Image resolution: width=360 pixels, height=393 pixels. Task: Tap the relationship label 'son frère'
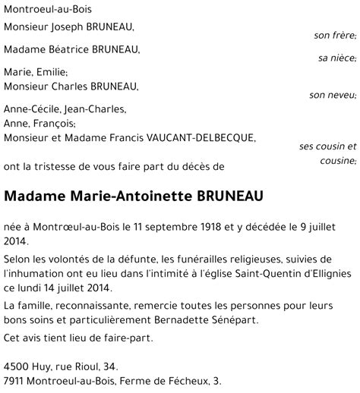coord(335,36)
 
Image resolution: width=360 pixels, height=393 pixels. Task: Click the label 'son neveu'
coord(333,95)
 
